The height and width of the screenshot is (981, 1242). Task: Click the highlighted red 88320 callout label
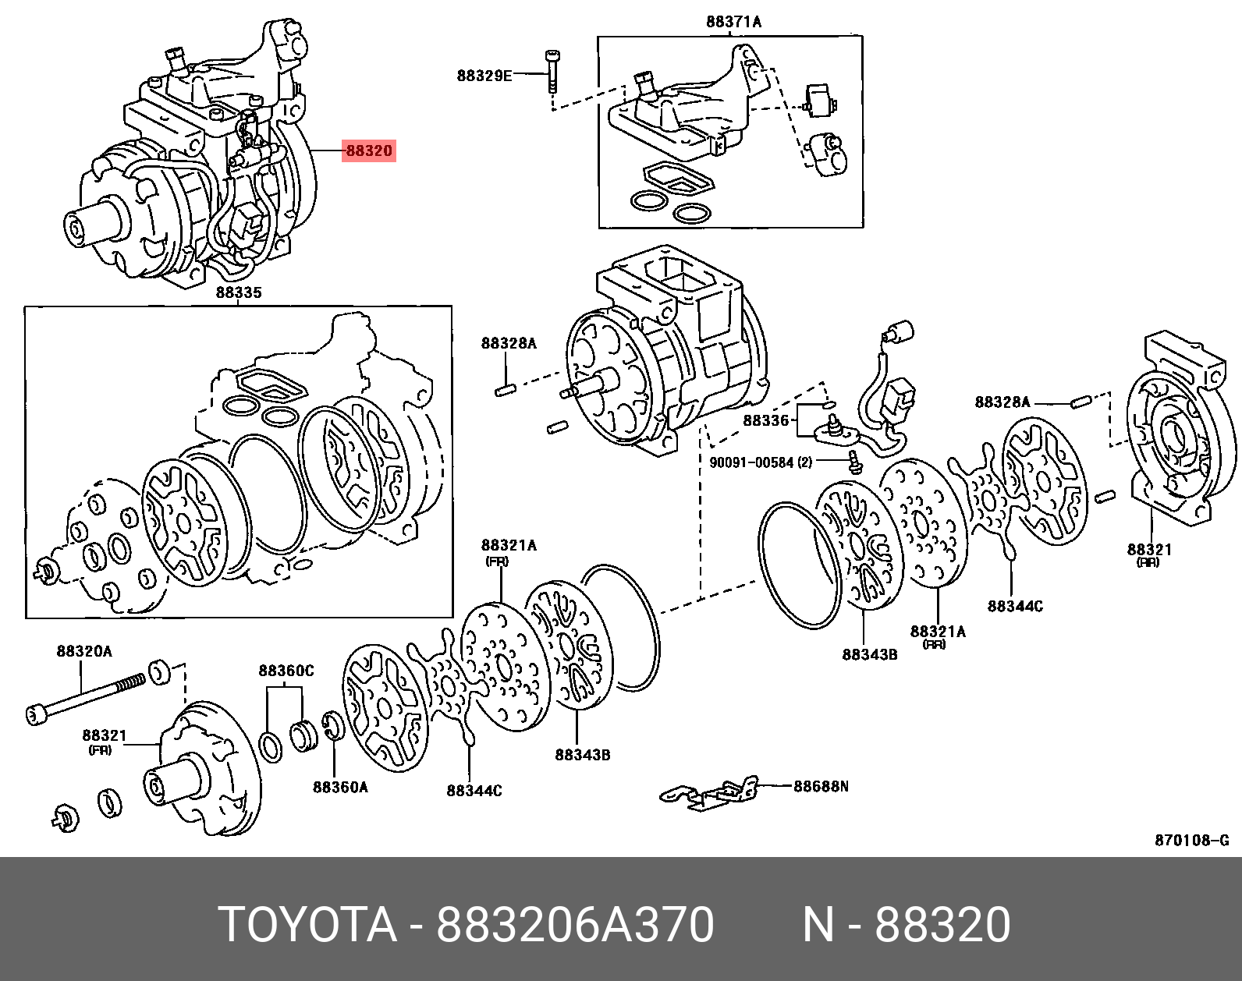point(369,151)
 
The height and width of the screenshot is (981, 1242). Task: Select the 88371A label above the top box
point(733,22)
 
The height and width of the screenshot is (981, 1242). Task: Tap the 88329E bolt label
point(484,75)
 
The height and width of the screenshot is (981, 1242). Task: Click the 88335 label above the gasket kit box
point(239,293)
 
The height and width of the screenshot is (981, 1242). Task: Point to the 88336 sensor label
point(766,420)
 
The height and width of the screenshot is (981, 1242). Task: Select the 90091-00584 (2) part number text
point(760,462)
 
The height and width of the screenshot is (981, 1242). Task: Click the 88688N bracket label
point(821,786)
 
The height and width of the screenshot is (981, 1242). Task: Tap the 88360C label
point(286,671)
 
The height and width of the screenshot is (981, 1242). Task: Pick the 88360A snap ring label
point(340,787)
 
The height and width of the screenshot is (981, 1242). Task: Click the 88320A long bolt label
point(84,650)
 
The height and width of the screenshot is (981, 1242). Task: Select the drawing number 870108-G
point(1191,840)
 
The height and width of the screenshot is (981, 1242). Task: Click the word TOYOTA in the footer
point(307,925)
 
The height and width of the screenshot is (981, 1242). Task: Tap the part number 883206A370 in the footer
point(575,925)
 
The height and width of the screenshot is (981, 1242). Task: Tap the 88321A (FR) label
point(509,546)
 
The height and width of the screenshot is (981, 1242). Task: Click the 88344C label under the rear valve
point(1014,606)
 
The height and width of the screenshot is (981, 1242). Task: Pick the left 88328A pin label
point(509,343)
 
